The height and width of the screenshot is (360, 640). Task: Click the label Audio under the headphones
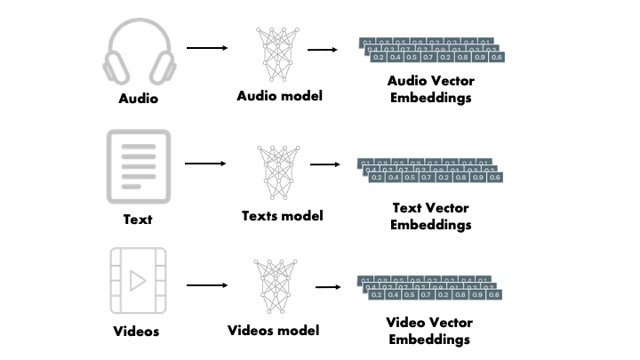[138, 99]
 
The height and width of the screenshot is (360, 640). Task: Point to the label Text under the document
[138, 218]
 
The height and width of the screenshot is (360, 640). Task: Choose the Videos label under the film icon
[137, 332]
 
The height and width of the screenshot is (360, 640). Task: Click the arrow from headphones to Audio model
[206, 47]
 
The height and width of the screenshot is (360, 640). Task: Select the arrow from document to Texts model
[206, 164]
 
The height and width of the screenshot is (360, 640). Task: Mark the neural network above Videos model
[274, 286]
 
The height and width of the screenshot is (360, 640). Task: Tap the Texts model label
[282, 215]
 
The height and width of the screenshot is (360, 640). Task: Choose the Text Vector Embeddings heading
[431, 217]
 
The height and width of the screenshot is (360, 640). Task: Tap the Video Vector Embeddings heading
[429, 330]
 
